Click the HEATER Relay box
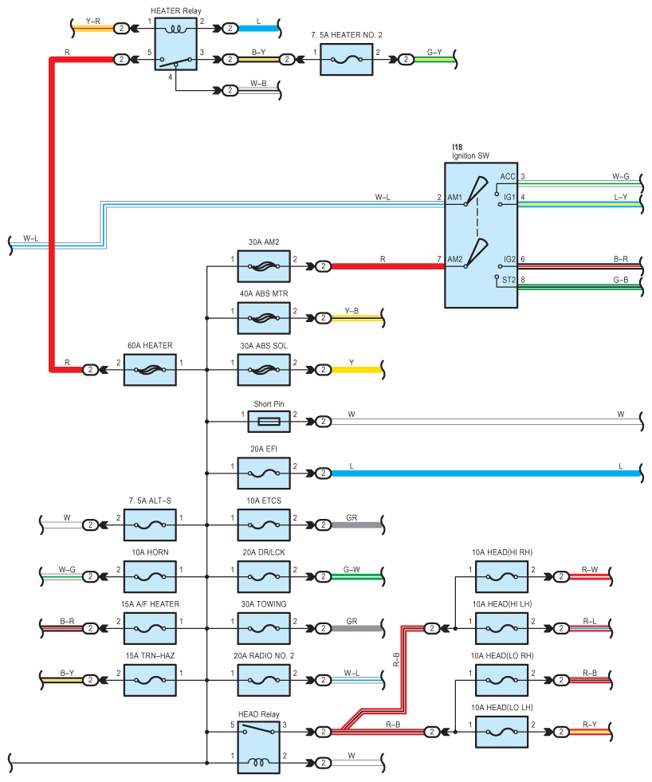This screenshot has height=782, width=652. pos(175,44)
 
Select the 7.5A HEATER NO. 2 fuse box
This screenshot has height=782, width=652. pos(346,60)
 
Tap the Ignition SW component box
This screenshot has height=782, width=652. pos(481,235)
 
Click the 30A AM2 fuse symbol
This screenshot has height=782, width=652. pos(264,266)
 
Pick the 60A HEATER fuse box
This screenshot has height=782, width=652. pos(150,370)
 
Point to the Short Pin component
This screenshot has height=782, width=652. pos(269,422)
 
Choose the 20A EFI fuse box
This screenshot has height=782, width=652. pos(264,474)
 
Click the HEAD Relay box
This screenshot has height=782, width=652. pos(258,748)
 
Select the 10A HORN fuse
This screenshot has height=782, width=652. pos(150,577)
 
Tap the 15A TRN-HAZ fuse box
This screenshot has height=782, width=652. pos(150,680)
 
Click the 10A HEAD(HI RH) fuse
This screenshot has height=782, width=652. pos(502,577)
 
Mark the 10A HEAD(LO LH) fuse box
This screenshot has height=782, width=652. pos(502,732)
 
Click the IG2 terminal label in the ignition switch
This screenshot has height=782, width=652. pos(509,259)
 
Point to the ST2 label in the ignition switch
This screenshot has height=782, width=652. pos(509,280)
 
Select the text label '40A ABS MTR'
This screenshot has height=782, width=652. pos(264,294)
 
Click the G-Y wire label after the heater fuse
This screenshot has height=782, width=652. pos(434,53)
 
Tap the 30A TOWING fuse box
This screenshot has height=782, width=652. pos(264,628)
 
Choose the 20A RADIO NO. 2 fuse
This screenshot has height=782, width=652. pos(264,680)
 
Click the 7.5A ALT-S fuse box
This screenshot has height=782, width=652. pos(150,525)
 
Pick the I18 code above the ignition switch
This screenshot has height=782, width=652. pos(457,147)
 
